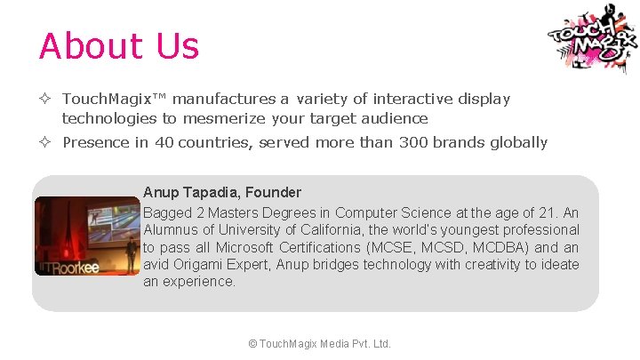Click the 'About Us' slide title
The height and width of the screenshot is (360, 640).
[x=119, y=46]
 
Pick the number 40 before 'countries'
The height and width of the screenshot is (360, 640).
[x=164, y=142]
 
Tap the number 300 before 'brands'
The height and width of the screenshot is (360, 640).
[x=414, y=142]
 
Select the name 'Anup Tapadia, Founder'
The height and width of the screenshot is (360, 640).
[x=222, y=192]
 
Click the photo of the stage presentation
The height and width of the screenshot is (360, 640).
[x=87, y=236]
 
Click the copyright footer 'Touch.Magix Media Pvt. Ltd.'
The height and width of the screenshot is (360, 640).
[x=320, y=343]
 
